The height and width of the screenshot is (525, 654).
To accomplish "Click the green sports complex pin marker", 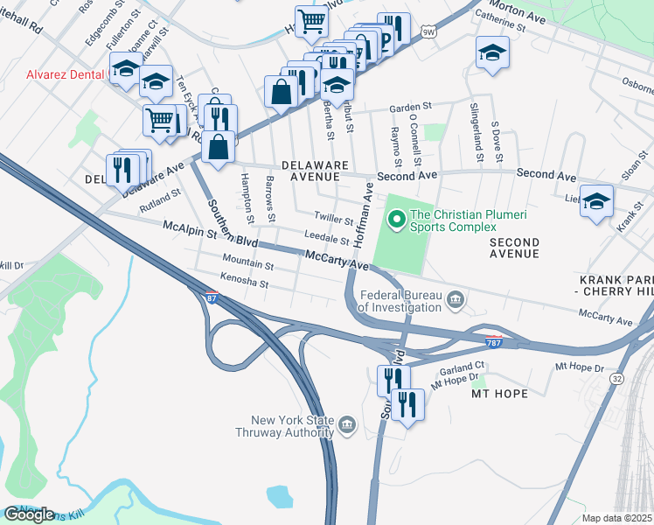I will tap(396, 217).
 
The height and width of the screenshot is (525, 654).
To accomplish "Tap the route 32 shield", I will tap(617, 378).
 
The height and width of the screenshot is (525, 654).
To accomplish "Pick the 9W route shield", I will tap(428, 33).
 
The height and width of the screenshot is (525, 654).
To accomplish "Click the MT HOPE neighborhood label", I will tap(499, 394).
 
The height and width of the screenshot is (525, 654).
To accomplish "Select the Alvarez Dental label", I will tap(56, 74).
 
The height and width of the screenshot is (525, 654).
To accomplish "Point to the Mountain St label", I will tap(247, 262).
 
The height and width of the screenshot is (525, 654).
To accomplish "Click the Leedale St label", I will tap(328, 238).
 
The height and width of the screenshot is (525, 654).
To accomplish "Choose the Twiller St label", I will tap(333, 219).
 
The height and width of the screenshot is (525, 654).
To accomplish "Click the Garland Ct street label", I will tap(462, 367).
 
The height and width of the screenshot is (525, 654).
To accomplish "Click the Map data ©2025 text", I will tap(616, 518).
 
